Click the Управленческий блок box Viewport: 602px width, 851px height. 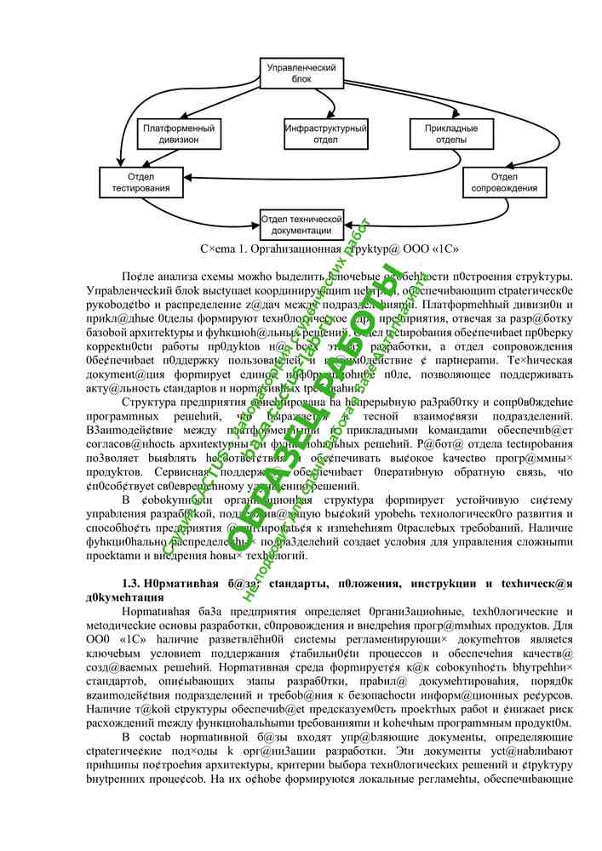point(301,72)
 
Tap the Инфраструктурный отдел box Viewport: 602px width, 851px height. point(326,134)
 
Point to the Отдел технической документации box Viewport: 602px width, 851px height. point(301,224)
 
